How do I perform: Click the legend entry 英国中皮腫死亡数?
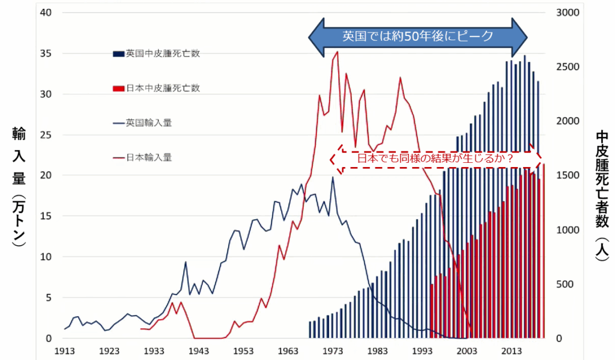(162, 53)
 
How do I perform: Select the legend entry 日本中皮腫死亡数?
(162, 88)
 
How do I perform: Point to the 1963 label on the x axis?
(288, 351)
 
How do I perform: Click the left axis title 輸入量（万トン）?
(19, 186)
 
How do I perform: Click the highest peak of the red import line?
(337, 52)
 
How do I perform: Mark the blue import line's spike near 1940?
(186, 262)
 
